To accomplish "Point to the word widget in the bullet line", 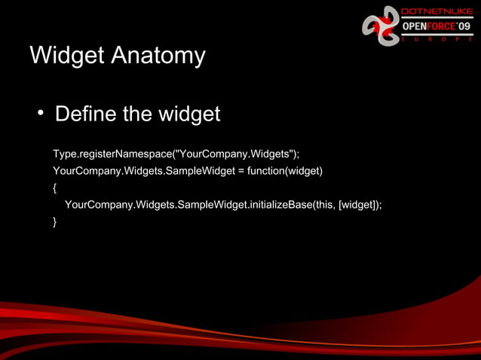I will (188, 114).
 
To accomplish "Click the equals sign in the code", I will (241, 171).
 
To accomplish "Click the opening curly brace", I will (55, 188).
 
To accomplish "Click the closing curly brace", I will (55, 221).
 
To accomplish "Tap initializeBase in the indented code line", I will (280, 204).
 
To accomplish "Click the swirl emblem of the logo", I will (381, 26).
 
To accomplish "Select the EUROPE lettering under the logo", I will (437, 39).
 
